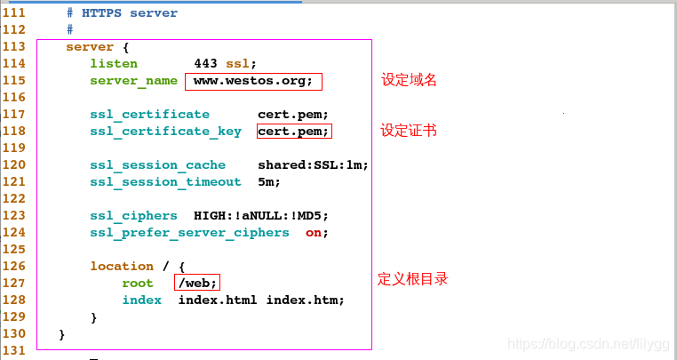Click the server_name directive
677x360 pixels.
(133, 81)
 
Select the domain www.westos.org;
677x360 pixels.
(253, 81)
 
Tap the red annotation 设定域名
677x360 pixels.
(409, 80)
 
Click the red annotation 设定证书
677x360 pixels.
(409, 131)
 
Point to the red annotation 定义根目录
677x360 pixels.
(412, 279)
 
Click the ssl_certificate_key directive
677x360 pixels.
(165, 132)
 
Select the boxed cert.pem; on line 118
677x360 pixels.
(293, 132)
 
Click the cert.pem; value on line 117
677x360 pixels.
(293, 115)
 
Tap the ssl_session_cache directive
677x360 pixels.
(157, 165)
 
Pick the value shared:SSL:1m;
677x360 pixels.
(313, 165)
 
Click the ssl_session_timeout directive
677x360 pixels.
(165, 182)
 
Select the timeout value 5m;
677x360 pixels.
(269, 182)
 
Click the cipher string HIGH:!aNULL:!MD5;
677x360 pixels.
(261, 216)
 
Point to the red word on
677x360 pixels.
(313, 233)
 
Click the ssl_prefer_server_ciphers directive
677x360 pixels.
(189, 233)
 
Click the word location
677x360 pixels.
(122, 267)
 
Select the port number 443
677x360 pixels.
(205, 64)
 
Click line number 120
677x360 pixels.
(14, 165)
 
